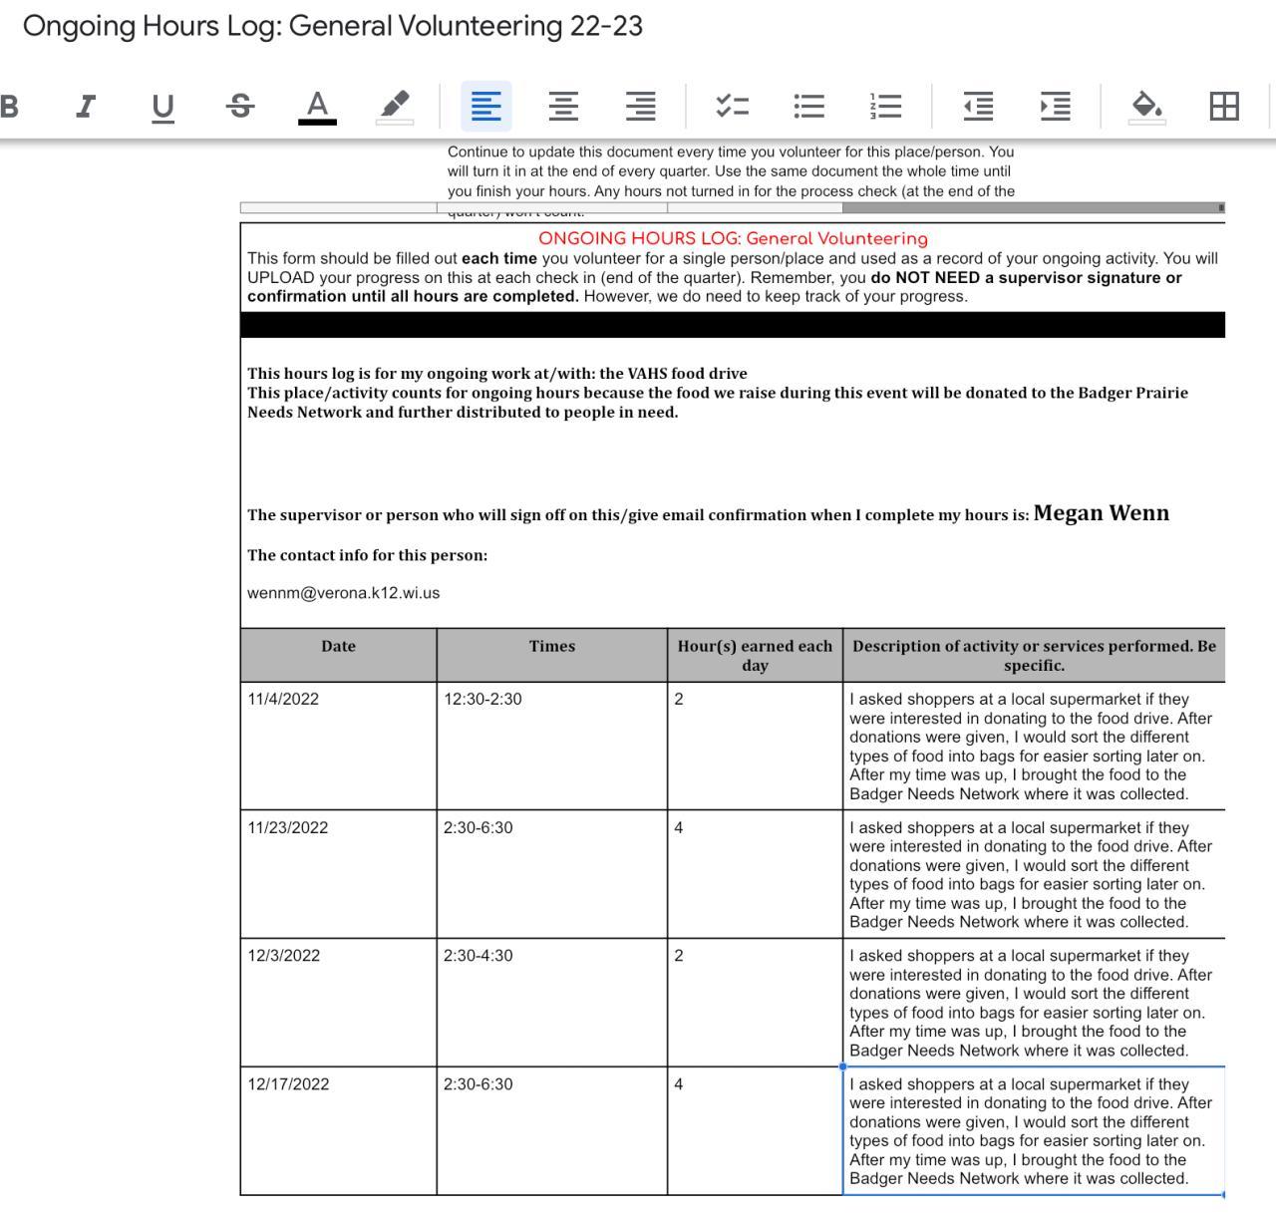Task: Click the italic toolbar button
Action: (87, 106)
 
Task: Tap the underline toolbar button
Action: (162, 106)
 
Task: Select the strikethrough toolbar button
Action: (240, 106)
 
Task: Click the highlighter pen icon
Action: (395, 106)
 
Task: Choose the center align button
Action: (563, 106)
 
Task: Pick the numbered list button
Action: (885, 106)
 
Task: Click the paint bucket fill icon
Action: (1146, 106)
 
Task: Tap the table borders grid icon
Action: (1223, 106)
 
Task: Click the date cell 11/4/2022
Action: (283, 699)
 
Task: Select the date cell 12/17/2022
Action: (288, 1084)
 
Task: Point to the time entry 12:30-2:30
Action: (482, 699)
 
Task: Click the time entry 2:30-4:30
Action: (478, 956)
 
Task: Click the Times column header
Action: (552, 646)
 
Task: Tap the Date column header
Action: (338, 646)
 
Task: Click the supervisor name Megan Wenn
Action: (1101, 513)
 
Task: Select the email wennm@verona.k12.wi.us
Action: (343, 593)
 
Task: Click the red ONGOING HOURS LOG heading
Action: (733, 239)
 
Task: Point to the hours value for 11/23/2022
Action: (679, 827)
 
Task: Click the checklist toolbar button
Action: (732, 106)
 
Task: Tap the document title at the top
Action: (333, 26)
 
